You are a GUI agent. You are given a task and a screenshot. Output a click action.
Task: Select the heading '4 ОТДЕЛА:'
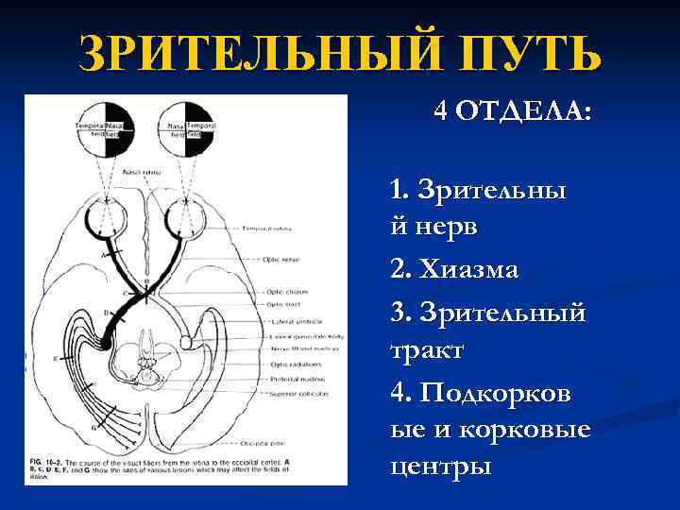[513, 113]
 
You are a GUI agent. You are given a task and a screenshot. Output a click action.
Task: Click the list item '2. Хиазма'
[454, 269]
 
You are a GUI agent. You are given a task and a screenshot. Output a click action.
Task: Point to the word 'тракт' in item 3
[426, 350]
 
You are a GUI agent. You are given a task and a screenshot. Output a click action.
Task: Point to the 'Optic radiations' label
[292, 364]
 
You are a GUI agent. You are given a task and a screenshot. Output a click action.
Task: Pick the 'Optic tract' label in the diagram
[282, 304]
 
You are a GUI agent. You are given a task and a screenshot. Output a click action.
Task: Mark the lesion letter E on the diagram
[56, 360]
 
